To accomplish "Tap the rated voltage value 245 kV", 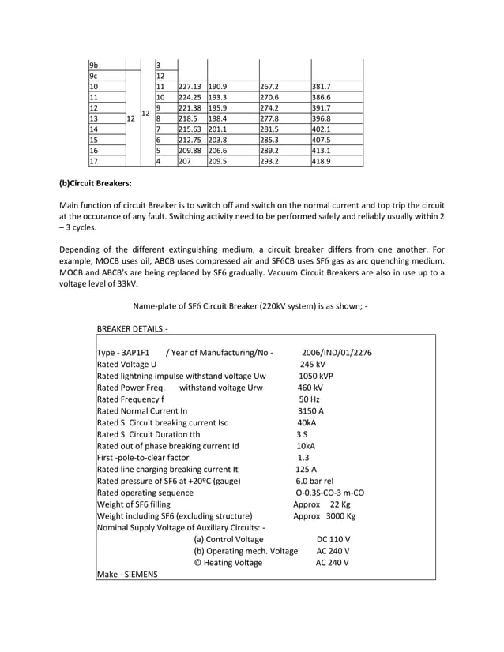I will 312,364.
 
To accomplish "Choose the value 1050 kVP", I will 315,376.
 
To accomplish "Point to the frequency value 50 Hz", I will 309,399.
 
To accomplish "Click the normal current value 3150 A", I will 311,410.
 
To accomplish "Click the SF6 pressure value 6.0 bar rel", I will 314,481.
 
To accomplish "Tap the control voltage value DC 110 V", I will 333,539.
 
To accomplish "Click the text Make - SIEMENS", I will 126,574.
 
